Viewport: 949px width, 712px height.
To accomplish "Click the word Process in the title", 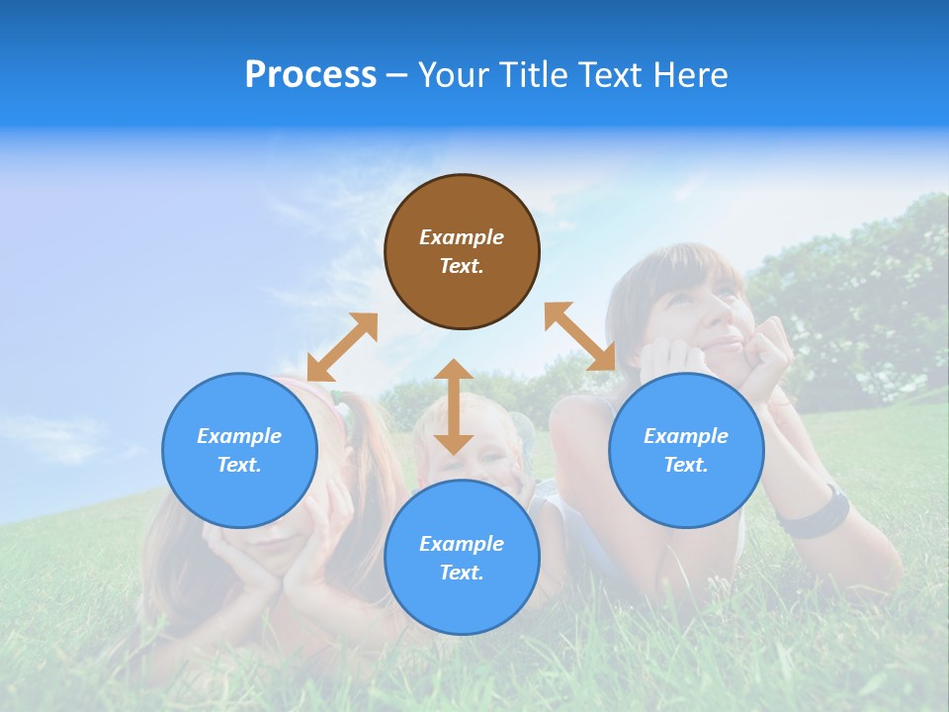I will click(310, 75).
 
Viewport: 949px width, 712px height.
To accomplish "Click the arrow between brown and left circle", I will click(342, 347).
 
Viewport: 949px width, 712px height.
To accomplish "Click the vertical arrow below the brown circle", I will click(454, 406).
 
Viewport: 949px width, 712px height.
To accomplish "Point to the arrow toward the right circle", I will click(579, 336).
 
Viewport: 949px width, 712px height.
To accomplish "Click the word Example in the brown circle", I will click(462, 237).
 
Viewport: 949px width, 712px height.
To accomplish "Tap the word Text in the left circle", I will click(239, 465).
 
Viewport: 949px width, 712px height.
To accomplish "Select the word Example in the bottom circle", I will click(462, 544).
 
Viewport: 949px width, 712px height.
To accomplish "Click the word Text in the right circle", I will click(686, 465).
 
